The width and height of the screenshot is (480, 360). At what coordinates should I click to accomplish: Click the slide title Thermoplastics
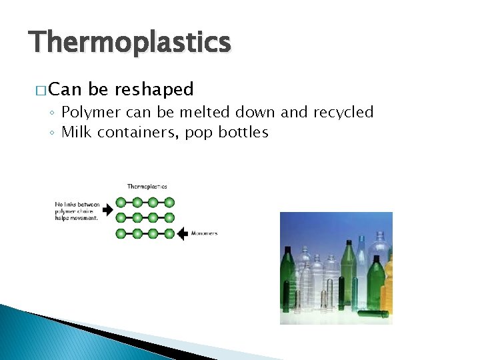coord(130,43)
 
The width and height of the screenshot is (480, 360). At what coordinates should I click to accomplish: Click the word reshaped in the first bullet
coord(154,89)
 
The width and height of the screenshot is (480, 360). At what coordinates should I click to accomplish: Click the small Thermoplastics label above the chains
coord(147,187)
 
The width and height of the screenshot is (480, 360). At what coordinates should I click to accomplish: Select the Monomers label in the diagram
coord(204,233)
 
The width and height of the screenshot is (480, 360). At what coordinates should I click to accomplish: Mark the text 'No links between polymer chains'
coord(77,208)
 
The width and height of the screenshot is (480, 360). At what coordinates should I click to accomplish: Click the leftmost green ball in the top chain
coord(121,202)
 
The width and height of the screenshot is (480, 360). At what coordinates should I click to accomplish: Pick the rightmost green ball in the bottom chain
coord(169,233)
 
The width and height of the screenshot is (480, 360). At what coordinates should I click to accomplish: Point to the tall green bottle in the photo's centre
coord(349,273)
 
